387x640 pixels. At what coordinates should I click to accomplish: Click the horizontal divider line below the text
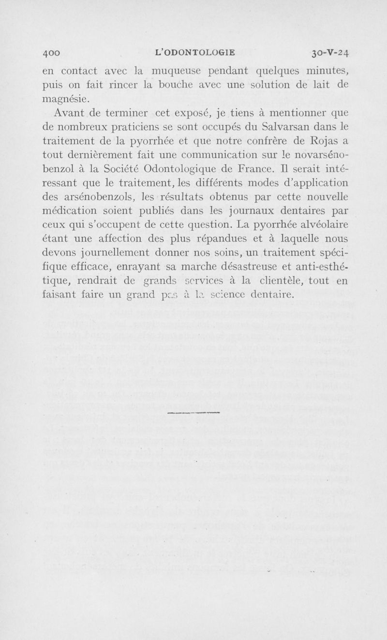coord(193,412)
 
